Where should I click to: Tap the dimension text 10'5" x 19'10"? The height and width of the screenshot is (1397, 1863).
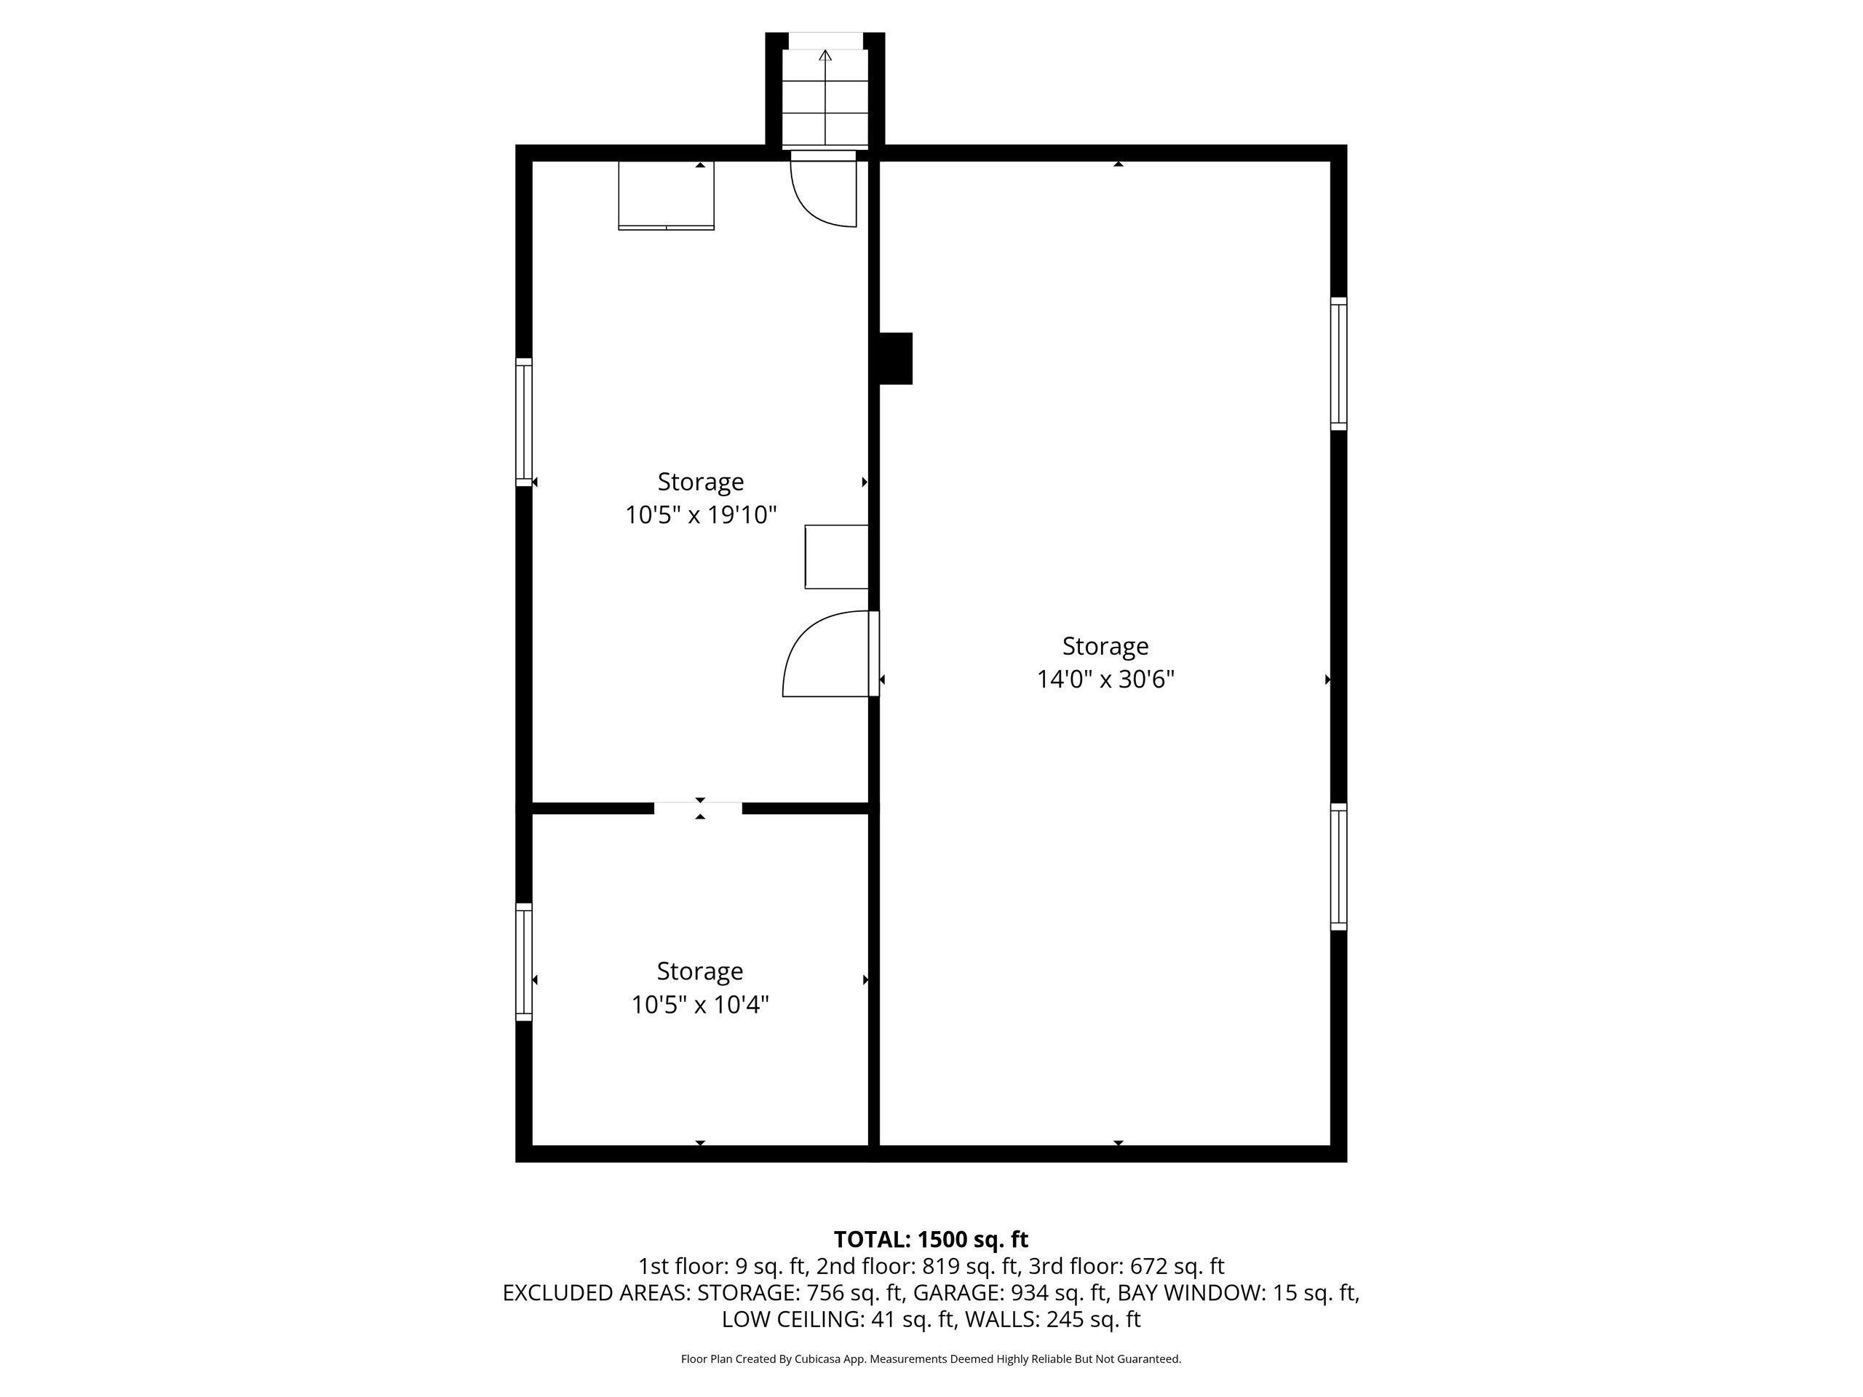click(701, 514)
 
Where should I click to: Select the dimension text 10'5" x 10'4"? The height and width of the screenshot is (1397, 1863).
click(701, 1005)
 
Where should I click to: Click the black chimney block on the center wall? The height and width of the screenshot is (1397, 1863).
click(896, 359)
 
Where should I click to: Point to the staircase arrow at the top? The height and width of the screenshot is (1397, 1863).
click(825, 96)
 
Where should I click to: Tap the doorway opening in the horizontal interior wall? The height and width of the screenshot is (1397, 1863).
click(698, 808)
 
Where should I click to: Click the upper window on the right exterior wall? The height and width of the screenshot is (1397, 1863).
click(1338, 364)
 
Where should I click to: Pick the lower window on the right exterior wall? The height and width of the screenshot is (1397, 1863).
click(1338, 867)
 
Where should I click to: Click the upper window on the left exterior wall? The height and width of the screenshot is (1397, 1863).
click(524, 422)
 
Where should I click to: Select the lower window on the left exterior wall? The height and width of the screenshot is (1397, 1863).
click(524, 963)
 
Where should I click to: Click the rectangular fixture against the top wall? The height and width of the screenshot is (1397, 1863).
click(666, 195)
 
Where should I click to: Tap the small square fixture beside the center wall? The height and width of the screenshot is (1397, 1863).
click(836, 557)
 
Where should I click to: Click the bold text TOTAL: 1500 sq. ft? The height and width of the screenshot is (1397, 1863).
click(931, 1240)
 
